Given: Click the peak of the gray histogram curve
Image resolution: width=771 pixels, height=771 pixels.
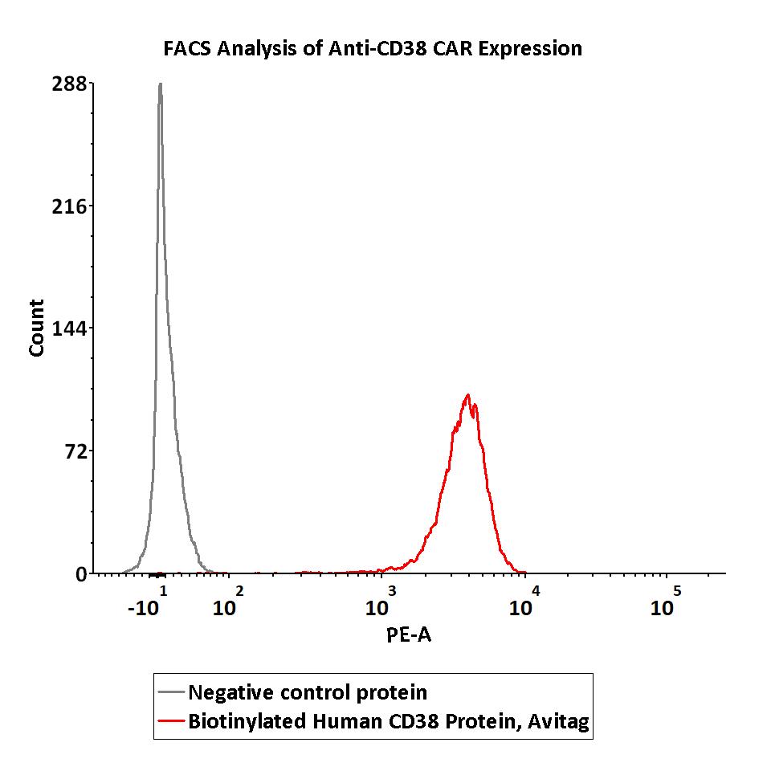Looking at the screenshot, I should (x=161, y=84).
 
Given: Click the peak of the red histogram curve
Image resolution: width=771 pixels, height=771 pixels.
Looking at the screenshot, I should (x=467, y=395).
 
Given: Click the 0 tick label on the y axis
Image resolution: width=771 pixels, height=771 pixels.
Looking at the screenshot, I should (x=81, y=574).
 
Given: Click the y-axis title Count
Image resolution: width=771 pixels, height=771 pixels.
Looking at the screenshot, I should (x=37, y=328).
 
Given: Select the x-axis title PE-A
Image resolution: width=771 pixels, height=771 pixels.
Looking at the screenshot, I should (x=410, y=635).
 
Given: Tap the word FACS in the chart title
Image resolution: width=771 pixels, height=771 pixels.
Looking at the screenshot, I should (x=189, y=49).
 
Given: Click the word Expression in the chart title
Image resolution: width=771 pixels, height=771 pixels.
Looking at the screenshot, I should (x=532, y=49).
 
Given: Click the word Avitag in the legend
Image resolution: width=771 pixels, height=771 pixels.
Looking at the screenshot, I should (x=561, y=722).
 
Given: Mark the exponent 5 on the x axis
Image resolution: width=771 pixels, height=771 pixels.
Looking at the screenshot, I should (x=677, y=591).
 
